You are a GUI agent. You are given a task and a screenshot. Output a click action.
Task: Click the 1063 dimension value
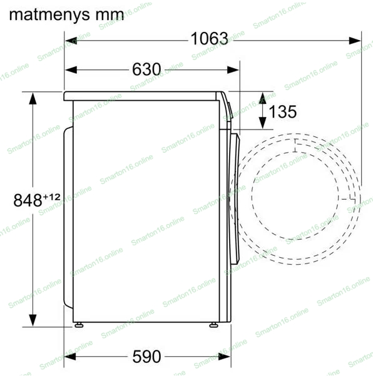point(209,39)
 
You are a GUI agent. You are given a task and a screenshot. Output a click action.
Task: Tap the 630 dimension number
point(146,69)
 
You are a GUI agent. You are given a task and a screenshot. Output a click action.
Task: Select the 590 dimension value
point(146,357)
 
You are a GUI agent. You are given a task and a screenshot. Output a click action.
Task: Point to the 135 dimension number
point(283,111)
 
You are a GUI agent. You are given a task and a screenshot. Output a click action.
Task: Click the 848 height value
point(28,200)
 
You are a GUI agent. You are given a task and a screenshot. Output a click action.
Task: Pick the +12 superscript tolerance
point(51,197)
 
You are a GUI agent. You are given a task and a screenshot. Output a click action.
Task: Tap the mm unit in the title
point(110,15)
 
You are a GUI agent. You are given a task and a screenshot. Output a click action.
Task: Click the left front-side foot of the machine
point(79,325)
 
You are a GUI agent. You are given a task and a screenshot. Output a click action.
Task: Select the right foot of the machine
point(213,325)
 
